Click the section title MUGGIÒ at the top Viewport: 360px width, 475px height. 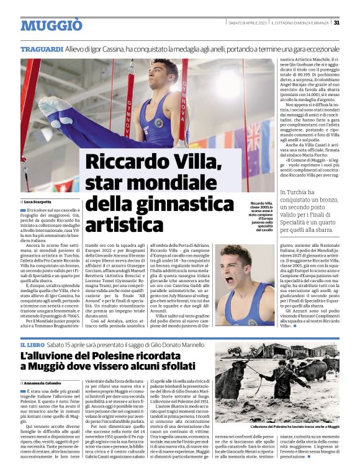click(52, 25)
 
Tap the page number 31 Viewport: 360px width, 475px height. click(336, 23)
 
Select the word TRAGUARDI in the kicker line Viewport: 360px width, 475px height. click(42, 48)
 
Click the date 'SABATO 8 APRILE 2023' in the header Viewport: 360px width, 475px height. click(247, 23)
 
